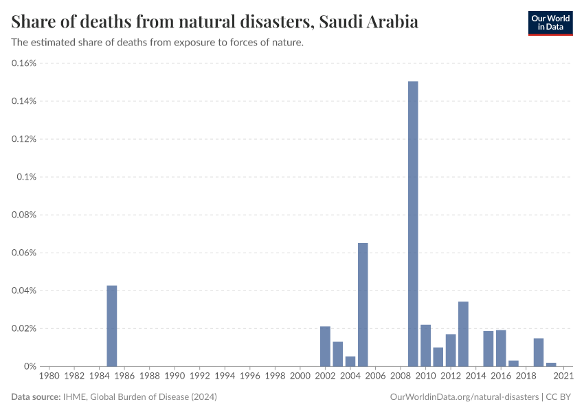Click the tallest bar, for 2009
tap(413, 224)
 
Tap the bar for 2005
tap(363, 304)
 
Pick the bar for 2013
tap(463, 334)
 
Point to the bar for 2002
tap(325, 346)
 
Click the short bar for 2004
tap(350, 361)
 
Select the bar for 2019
tap(539, 352)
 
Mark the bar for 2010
tap(425, 346)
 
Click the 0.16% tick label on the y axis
tap(24, 63)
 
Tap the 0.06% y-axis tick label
tap(24, 253)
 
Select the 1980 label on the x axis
tap(49, 377)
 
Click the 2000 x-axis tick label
tap(300, 377)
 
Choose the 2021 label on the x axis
tap(563, 377)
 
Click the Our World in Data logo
tap(550, 23)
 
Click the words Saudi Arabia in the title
tap(368, 22)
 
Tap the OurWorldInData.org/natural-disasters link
tap(464, 397)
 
